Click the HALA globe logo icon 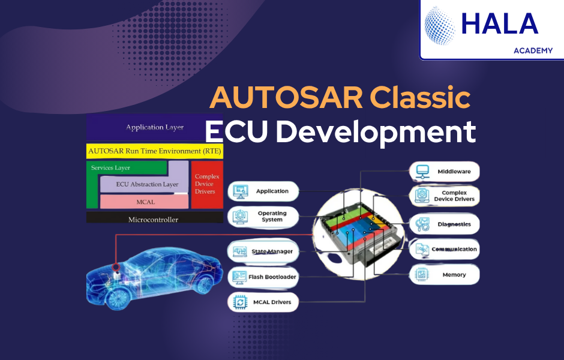[x=440, y=26]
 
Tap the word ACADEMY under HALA [x=533, y=51]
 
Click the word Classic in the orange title [x=420, y=97]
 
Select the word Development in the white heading [x=376, y=132]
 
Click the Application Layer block [x=155, y=127]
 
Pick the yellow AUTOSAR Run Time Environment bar [x=155, y=151]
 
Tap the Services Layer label [x=110, y=168]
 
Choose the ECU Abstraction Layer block [x=144, y=184]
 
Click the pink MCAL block [x=144, y=202]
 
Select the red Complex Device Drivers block [x=207, y=184]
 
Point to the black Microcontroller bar [x=155, y=218]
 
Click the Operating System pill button [x=263, y=217]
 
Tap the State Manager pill [x=263, y=251]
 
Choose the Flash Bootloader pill [x=263, y=277]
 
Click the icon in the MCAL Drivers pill [x=239, y=302]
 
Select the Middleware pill [x=445, y=172]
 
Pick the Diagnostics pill [x=445, y=224]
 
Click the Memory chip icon [x=422, y=275]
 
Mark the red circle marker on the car [x=116, y=267]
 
